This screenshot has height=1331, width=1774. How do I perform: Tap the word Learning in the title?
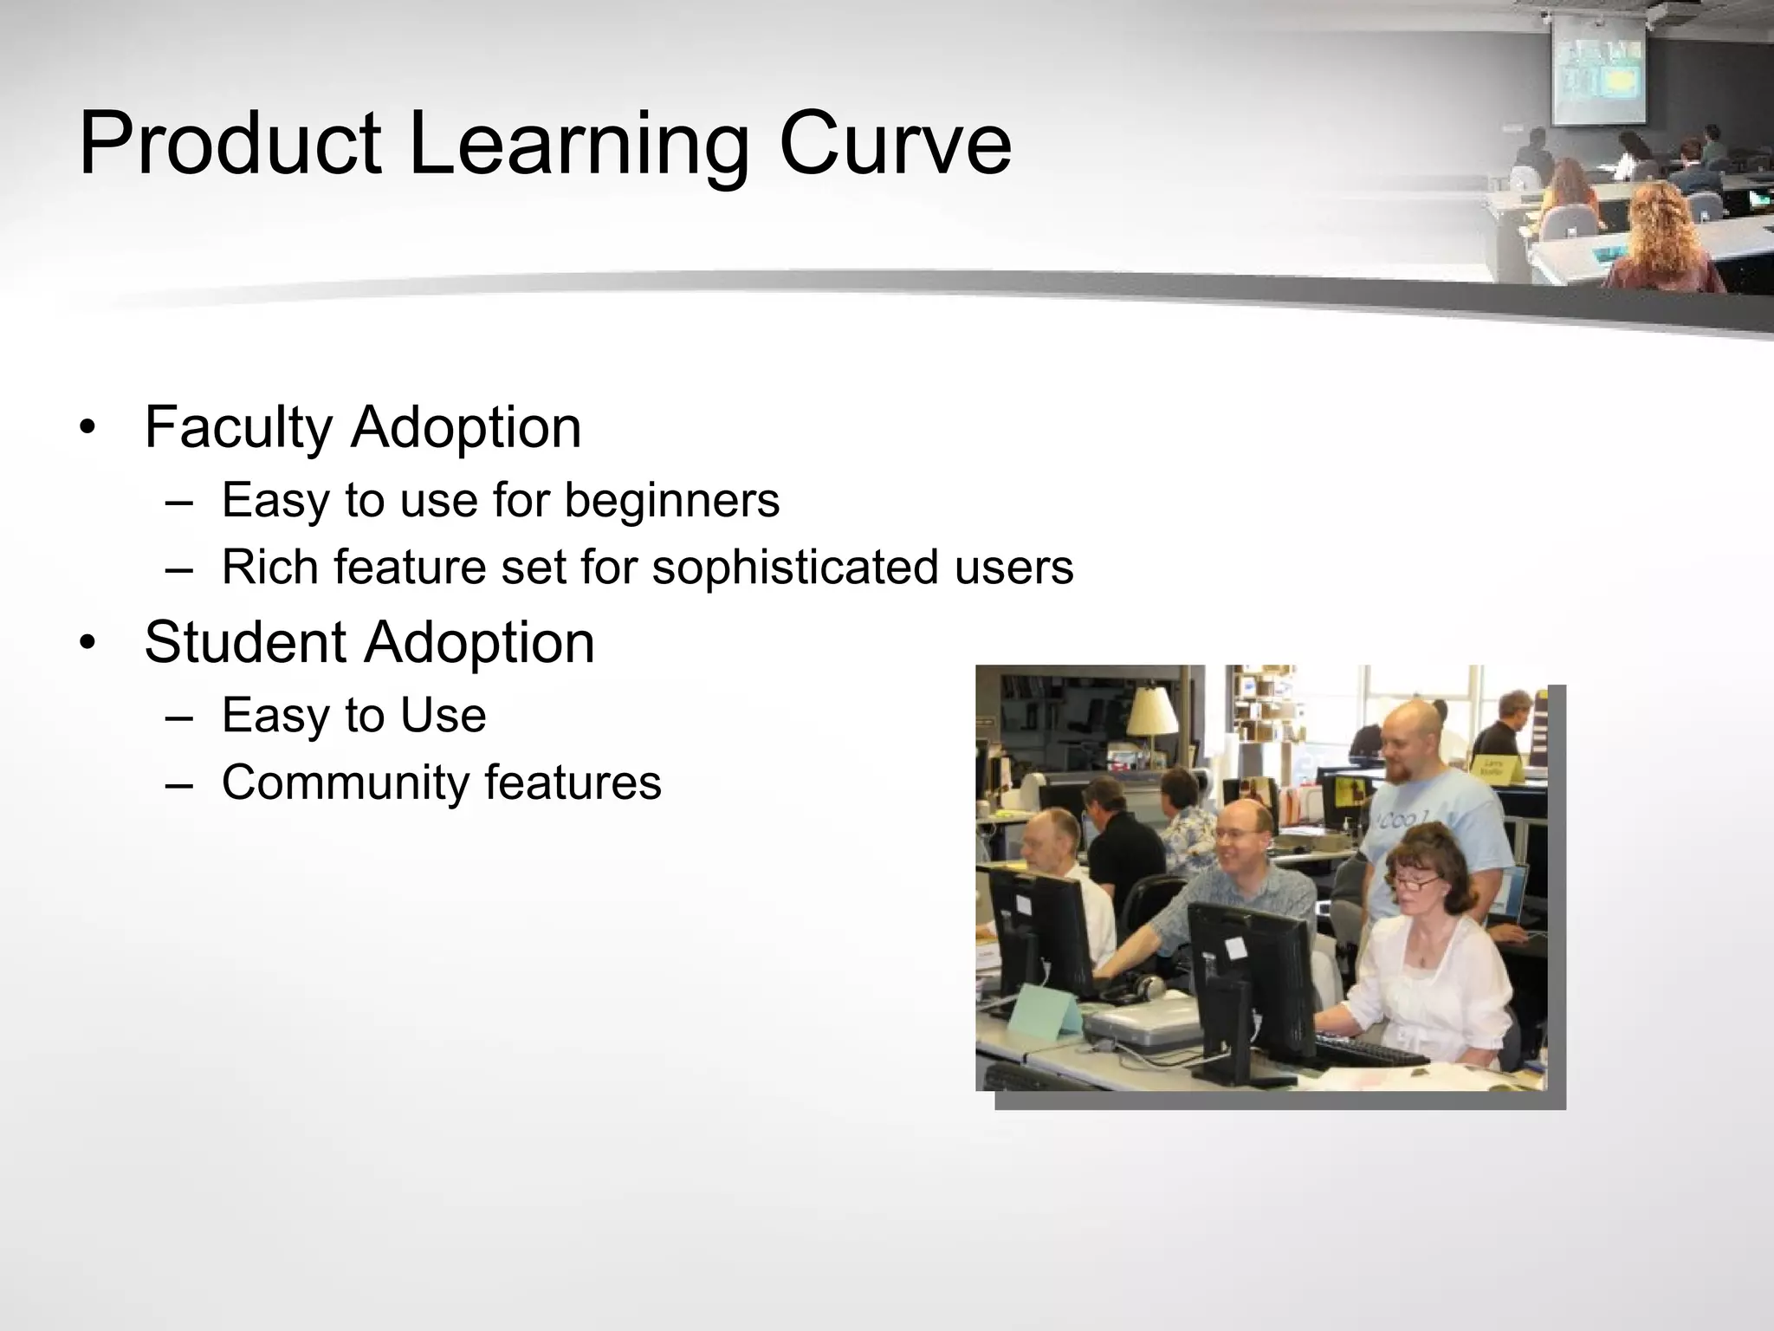click(x=578, y=146)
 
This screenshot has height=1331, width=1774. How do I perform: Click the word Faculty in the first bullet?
click(x=238, y=428)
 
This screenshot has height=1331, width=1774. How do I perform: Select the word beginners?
click(x=671, y=501)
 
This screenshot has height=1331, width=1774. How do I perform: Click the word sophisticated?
click(x=795, y=568)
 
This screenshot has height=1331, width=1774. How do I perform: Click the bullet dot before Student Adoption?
click(x=87, y=643)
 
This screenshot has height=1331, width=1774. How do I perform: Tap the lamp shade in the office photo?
click(x=1153, y=711)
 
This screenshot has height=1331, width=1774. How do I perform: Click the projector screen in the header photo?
click(x=1597, y=71)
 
